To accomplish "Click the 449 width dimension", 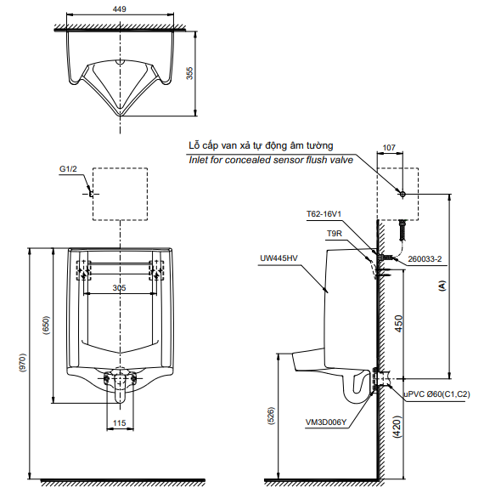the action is pyautogui.click(x=120, y=9).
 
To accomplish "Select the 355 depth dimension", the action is pyautogui.click(x=190, y=73).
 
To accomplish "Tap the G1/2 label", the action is pyautogui.click(x=69, y=169).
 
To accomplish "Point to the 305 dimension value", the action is pyautogui.click(x=119, y=288).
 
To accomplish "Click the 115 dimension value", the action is pyautogui.click(x=120, y=423).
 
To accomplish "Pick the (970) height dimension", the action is pyautogui.click(x=23, y=363).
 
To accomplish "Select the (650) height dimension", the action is pyautogui.click(x=47, y=326).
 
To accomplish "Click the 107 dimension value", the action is pyautogui.click(x=389, y=148).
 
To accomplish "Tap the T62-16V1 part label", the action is pyautogui.click(x=324, y=214).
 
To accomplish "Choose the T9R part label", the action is pyautogui.click(x=335, y=234).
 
